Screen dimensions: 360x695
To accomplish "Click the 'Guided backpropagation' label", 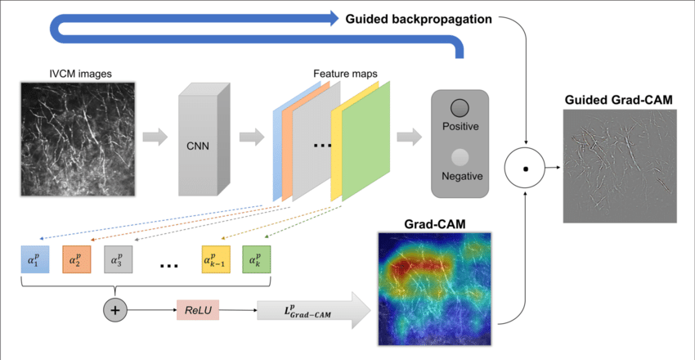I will coord(418,17).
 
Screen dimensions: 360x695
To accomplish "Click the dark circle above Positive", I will coord(459,108).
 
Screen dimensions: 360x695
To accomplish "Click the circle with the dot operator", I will coord(525,169).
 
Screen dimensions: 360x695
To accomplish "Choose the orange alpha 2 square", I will coord(76,260).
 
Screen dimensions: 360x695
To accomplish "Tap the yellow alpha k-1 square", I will coord(217,260).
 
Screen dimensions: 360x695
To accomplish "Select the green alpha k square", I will coord(256,260).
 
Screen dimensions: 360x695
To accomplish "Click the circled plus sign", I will coord(115,311).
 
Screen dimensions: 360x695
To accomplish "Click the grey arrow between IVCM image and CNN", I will coord(155,137).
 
